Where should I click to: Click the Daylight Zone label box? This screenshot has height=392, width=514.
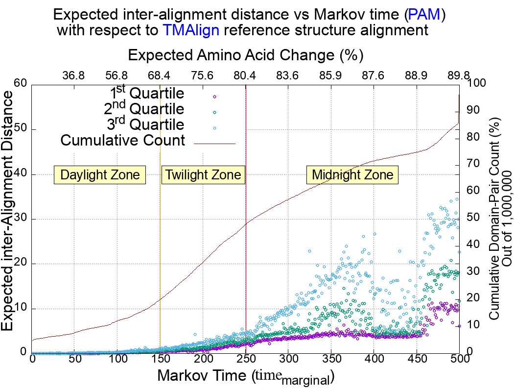click(100, 175)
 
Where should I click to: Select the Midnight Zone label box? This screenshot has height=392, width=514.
click(352, 175)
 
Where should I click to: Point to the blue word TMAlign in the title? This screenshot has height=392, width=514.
click(191, 31)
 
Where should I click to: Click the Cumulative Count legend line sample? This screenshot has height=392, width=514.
click(215, 144)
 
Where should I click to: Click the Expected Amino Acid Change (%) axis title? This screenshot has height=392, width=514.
click(245, 54)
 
